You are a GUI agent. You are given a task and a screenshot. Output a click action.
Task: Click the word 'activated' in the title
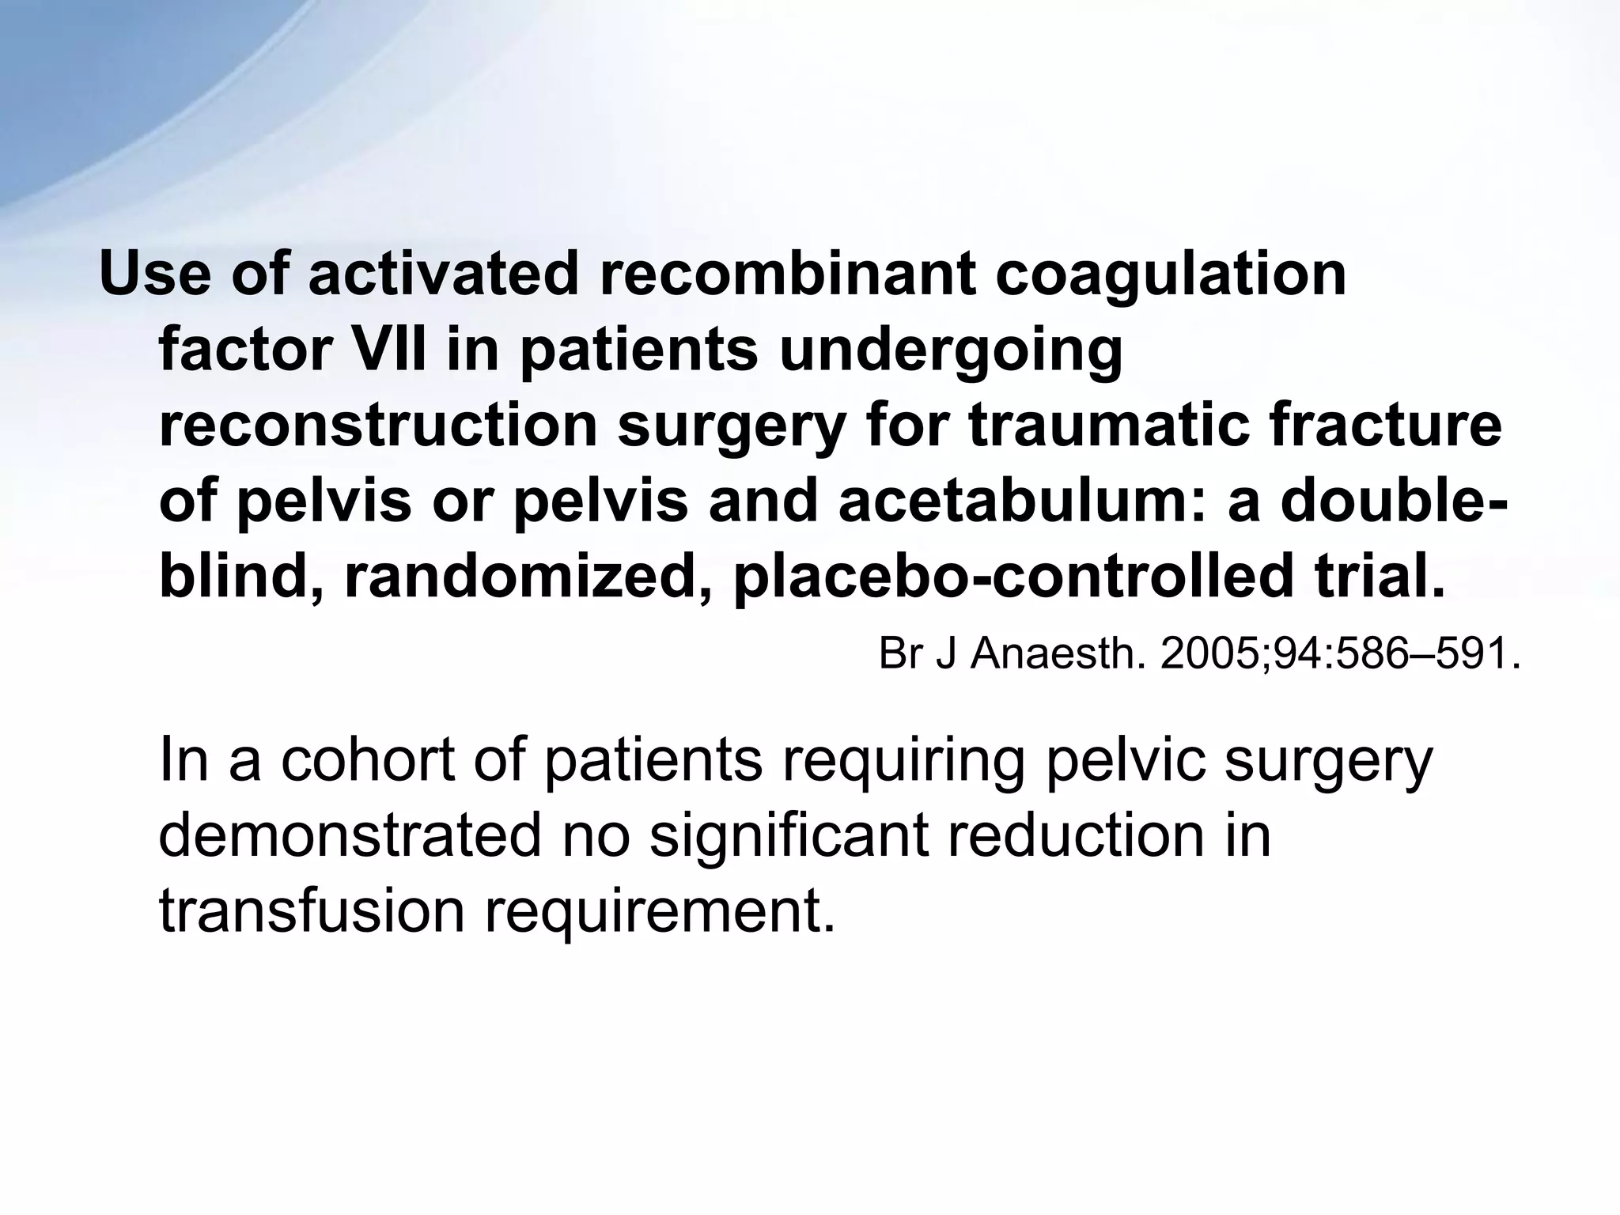tap(444, 274)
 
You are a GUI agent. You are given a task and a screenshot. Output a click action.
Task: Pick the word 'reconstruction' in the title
tap(378, 426)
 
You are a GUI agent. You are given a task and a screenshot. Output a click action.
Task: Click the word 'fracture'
tap(1392, 426)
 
